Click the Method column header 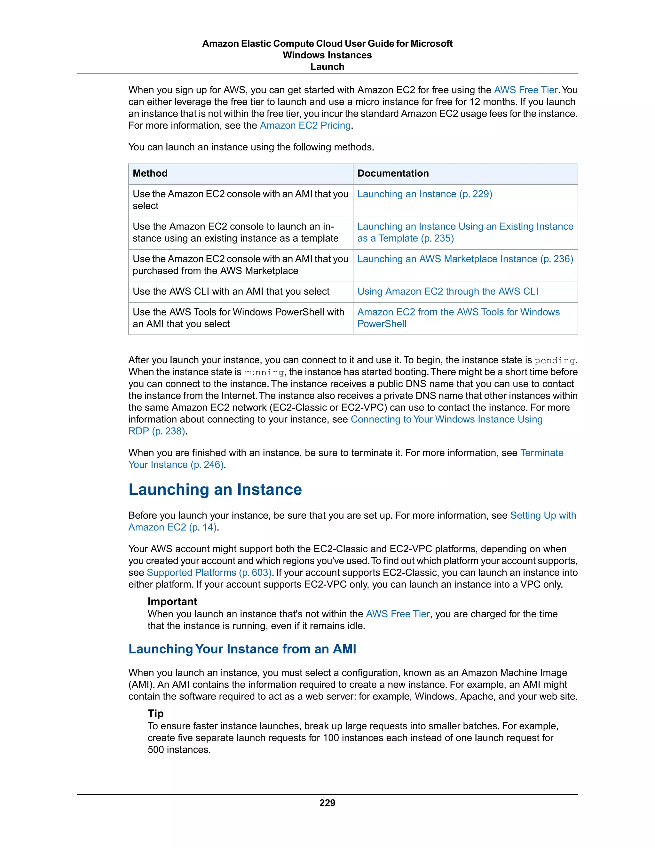pyautogui.click(x=150, y=173)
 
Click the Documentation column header pyautogui.click(x=393, y=173)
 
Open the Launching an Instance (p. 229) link pyautogui.click(x=424, y=194)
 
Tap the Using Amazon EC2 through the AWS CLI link pyautogui.click(x=447, y=292)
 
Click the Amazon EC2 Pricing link pyautogui.click(x=305, y=126)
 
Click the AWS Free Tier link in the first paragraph pyautogui.click(x=525, y=90)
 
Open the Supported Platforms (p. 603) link pyautogui.click(x=209, y=573)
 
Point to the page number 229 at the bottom pyautogui.click(x=327, y=803)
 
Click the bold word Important pyautogui.click(x=172, y=602)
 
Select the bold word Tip pyautogui.click(x=156, y=714)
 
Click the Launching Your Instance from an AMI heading pyautogui.click(x=242, y=649)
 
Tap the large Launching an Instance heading pyautogui.click(x=215, y=490)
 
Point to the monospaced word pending pyautogui.click(x=555, y=361)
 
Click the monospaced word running pyautogui.click(x=264, y=373)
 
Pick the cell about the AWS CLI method pyautogui.click(x=231, y=292)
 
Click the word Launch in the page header pyautogui.click(x=327, y=67)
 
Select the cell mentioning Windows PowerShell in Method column pyautogui.click(x=238, y=318)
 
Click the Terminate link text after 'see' pyautogui.click(x=542, y=453)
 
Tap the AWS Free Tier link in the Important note pyautogui.click(x=398, y=614)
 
